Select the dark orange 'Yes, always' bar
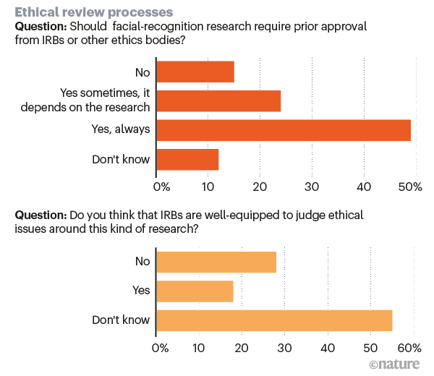[284, 130]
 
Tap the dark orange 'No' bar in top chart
[195, 72]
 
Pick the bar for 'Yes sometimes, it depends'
[218, 101]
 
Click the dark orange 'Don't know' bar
[187, 159]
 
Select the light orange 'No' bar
[216, 262]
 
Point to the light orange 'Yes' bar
[195, 291]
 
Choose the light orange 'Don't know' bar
[274, 320]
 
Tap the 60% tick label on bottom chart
[413, 347]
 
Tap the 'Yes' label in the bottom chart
[141, 291]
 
